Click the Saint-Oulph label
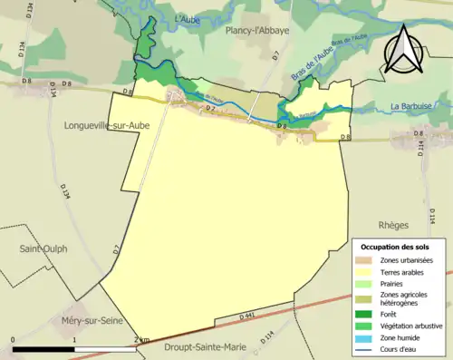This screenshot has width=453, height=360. (43, 248)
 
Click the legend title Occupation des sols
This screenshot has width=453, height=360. (395, 247)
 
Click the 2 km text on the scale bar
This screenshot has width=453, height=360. (139, 340)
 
